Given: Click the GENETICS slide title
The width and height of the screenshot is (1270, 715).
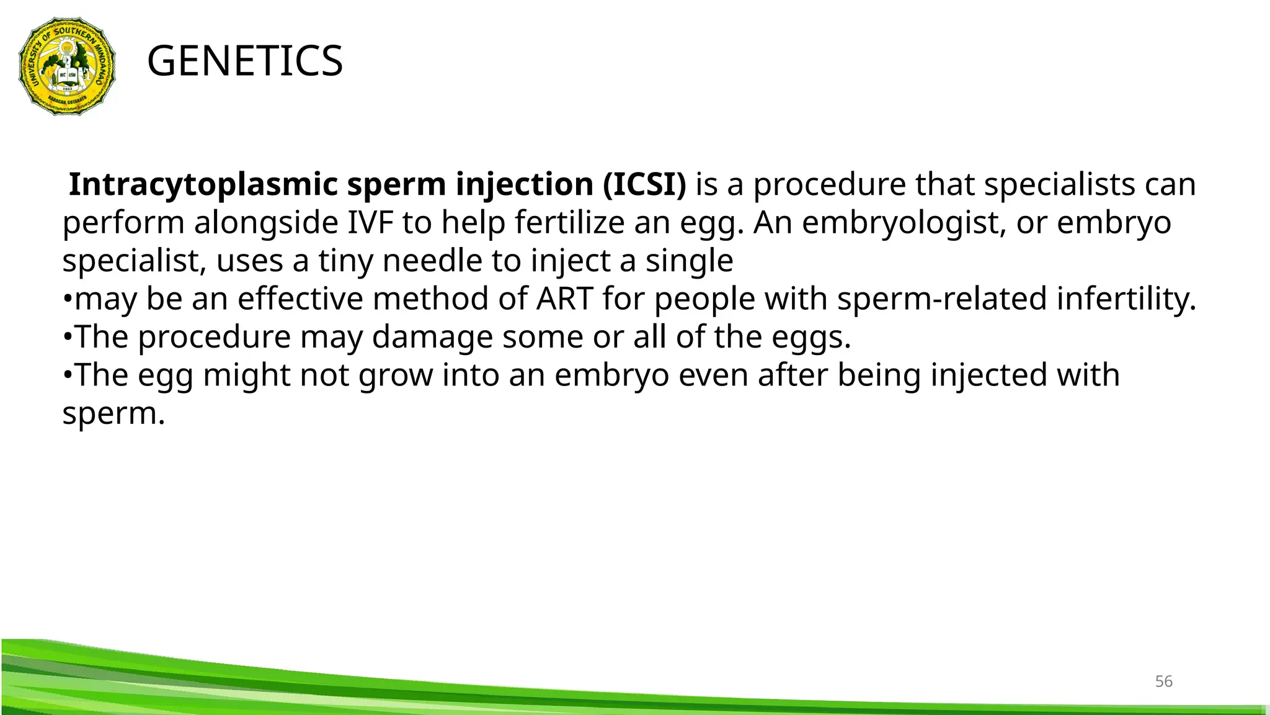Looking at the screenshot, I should (245, 61).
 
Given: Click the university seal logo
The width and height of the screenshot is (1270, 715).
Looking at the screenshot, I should (67, 66).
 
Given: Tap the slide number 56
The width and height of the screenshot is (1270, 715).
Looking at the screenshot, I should (1163, 681).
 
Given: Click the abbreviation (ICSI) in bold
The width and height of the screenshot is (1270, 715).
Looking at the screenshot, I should (644, 185).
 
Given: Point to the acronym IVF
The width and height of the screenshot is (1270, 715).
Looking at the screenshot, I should (370, 223).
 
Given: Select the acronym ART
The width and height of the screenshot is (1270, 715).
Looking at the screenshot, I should (564, 299).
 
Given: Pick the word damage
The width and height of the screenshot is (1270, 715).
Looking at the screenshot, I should (432, 338).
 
